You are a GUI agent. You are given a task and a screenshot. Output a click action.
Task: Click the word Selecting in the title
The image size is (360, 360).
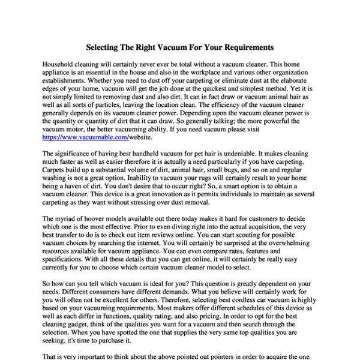tap(103, 46)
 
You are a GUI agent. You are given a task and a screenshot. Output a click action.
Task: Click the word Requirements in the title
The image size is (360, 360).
tap(246, 46)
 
